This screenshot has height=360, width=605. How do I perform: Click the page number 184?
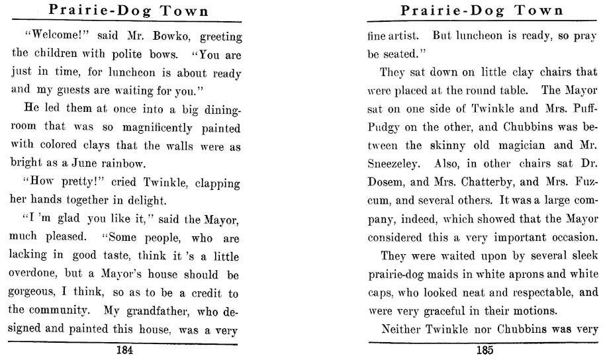pyautogui.click(x=124, y=351)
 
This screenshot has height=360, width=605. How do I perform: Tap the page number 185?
pyautogui.click(x=484, y=351)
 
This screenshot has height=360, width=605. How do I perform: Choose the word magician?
pyautogui.click(x=514, y=146)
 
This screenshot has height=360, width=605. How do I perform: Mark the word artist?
pyautogui.click(x=407, y=37)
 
